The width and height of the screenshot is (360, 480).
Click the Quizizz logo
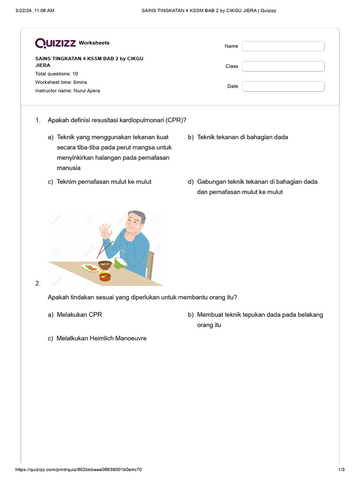(55, 43)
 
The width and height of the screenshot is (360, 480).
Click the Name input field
(283, 46)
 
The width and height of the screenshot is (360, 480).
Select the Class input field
(283, 66)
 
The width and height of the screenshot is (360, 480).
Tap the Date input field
(283, 86)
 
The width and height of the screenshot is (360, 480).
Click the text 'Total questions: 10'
(57, 74)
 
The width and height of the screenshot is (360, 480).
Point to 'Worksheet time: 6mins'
(61, 82)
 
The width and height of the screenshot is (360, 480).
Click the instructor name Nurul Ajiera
(87, 90)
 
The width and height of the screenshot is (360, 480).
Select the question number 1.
(38, 120)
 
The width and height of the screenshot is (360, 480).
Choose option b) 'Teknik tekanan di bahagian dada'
(242, 137)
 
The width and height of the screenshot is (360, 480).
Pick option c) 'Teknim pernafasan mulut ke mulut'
(104, 182)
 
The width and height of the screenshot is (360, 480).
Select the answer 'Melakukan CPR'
(79, 315)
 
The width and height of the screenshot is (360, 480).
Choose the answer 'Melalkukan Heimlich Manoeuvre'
(101, 338)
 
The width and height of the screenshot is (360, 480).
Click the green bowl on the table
(120, 263)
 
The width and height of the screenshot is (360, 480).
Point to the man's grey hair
(139, 216)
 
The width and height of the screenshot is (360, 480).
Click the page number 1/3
(341, 470)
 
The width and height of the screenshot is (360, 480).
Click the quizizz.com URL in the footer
(79, 470)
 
